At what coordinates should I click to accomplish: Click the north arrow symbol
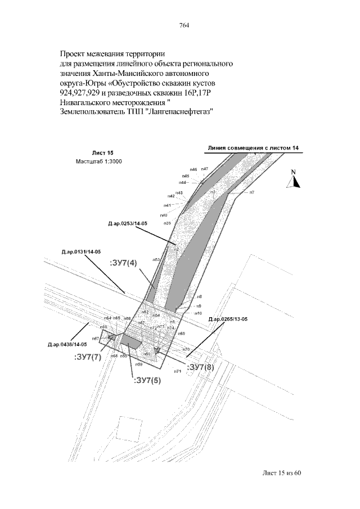coord(294,179)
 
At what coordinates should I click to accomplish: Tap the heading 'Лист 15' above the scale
coord(102,153)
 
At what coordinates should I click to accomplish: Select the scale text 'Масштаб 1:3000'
coord(99,161)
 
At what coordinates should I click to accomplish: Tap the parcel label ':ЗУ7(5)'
coord(147,380)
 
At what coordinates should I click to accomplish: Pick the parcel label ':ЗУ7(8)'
coord(201,367)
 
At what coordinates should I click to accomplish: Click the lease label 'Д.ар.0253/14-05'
coord(128,224)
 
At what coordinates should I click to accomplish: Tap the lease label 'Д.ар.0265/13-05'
coord(228,319)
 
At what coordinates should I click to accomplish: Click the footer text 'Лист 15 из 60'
coord(282,472)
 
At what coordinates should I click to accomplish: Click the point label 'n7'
coord(252,192)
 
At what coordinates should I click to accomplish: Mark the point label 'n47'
coord(204,169)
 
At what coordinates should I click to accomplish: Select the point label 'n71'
coord(177,371)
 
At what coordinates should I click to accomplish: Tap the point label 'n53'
coord(156,260)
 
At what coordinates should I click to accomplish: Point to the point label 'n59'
coord(138,365)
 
